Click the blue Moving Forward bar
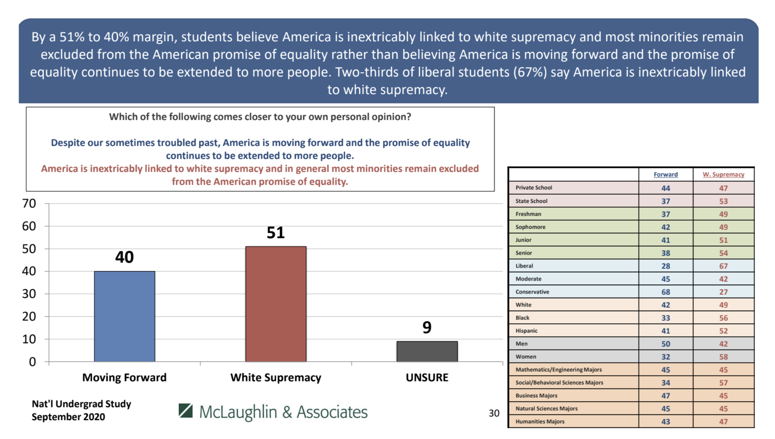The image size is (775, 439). pyautogui.click(x=124, y=316)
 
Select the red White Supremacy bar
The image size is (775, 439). pyautogui.click(x=276, y=304)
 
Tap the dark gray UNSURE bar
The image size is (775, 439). pyautogui.click(x=427, y=351)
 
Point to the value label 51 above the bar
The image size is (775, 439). pyautogui.click(x=275, y=233)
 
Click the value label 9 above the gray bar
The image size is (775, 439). pyautogui.click(x=427, y=327)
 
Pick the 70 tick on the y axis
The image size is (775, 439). pyautogui.click(x=29, y=203)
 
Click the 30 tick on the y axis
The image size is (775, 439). pyautogui.click(x=29, y=294)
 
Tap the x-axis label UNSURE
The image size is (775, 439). pyautogui.click(x=427, y=378)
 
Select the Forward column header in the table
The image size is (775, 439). pyautogui.click(x=666, y=175)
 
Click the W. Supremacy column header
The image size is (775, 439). pyautogui.click(x=723, y=175)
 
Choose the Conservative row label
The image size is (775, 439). pyautogui.click(x=532, y=292)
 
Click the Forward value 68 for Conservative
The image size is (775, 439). pyautogui.click(x=666, y=292)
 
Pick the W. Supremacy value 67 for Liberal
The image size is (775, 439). pyautogui.click(x=723, y=266)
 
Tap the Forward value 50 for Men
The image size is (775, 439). pyautogui.click(x=666, y=344)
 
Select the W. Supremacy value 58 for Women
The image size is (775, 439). pyautogui.click(x=723, y=357)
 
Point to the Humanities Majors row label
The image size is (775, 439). pyautogui.click(x=540, y=422)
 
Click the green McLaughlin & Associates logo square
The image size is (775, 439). pyautogui.click(x=185, y=411)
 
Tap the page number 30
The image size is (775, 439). pyautogui.click(x=494, y=413)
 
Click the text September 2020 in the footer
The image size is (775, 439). pyautogui.click(x=68, y=417)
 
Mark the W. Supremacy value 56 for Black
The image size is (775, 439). pyautogui.click(x=723, y=318)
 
